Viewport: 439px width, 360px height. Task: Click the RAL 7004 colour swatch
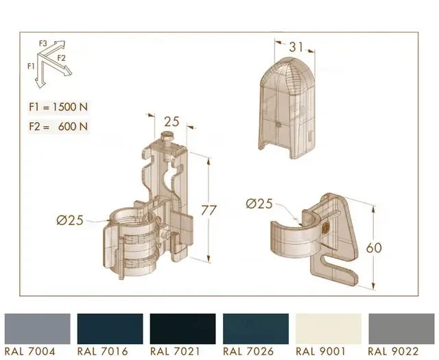click(38, 328)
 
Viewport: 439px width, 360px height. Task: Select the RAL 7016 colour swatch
click(110, 328)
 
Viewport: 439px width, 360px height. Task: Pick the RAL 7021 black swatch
click(183, 328)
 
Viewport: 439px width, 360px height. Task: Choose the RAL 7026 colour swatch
click(256, 328)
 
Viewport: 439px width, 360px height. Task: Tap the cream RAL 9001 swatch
click(329, 328)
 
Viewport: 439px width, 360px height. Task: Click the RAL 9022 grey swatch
click(401, 328)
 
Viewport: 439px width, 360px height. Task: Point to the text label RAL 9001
click(320, 352)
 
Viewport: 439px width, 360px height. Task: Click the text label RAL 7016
click(102, 352)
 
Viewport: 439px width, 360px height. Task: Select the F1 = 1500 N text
click(58, 107)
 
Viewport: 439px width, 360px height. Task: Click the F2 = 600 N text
click(58, 127)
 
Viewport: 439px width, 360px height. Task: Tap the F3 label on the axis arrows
click(43, 43)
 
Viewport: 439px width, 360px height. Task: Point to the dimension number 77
click(209, 211)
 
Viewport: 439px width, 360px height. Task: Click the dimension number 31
click(296, 47)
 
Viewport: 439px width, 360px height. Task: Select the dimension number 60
click(374, 248)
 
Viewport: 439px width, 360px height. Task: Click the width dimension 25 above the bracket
click(171, 122)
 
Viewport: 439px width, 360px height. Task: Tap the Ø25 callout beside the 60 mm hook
click(259, 204)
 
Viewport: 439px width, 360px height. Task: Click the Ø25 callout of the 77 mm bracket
click(70, 220)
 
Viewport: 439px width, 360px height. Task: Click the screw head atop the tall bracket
click(167, 136)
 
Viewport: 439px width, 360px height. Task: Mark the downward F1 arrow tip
click(39, 88)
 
